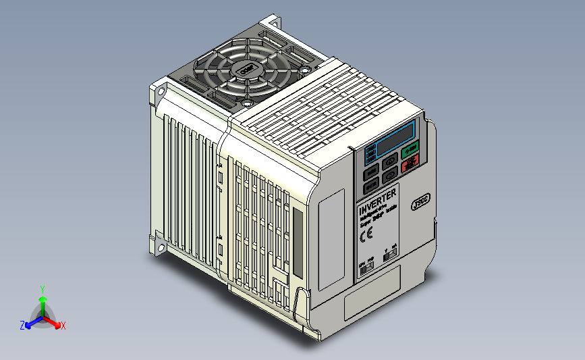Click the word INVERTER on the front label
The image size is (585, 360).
tap(377, 200)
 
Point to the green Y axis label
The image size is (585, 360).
tap(43, 289)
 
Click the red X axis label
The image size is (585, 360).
tap(63, 326)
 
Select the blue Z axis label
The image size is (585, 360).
tap(22, 326)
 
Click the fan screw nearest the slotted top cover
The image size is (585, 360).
tap(305, 68)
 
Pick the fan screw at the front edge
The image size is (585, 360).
tap(248, 103)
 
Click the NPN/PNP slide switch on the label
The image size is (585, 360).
tap(366, 268)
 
